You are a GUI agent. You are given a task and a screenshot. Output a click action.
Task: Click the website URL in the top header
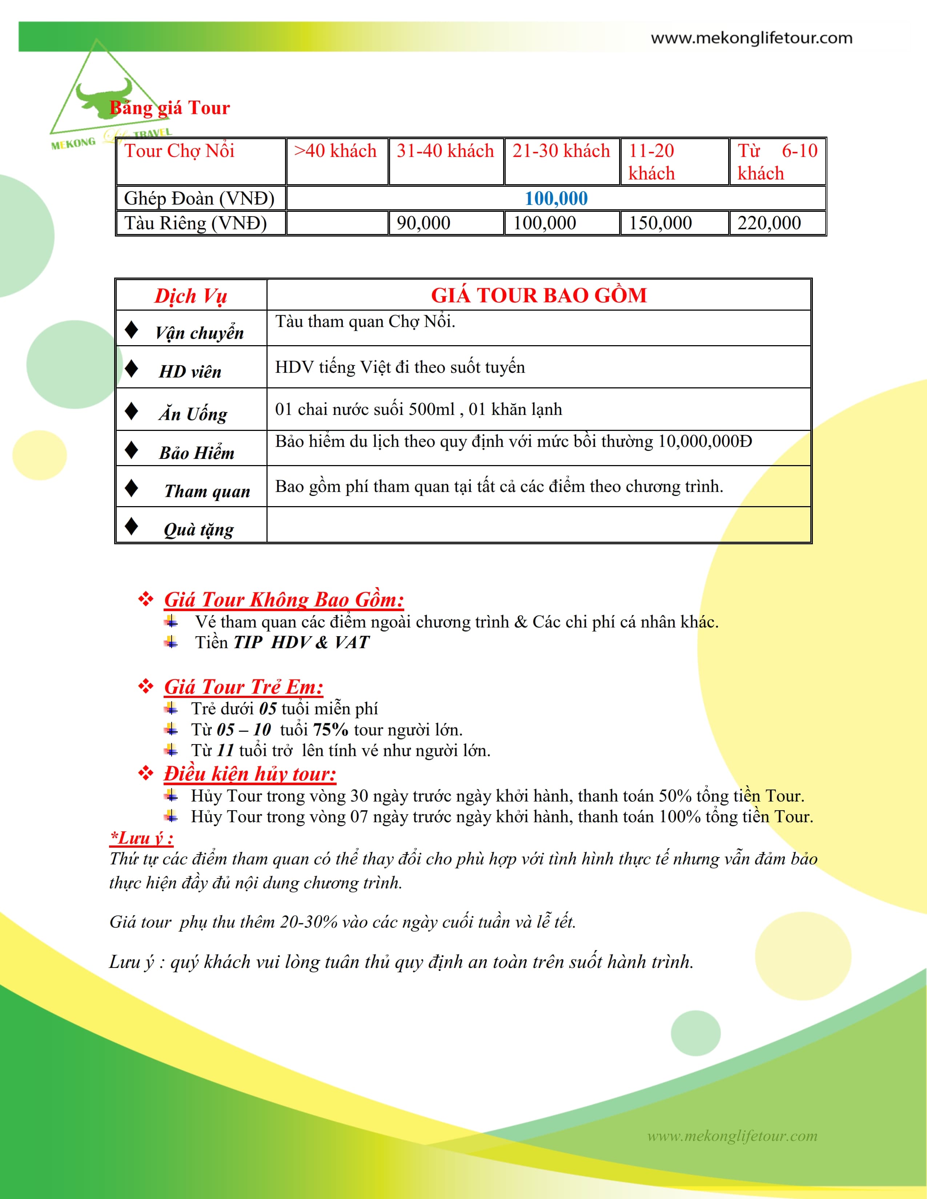(751, 38)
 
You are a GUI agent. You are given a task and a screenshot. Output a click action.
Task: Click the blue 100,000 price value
(556, 198)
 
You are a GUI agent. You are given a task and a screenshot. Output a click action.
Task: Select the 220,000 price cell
(769, 223)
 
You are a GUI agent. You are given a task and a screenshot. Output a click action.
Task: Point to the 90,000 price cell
(424, 223)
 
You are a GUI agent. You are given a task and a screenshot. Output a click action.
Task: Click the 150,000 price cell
(660, 223)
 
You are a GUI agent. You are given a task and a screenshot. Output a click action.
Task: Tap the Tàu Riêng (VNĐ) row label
(196, 223)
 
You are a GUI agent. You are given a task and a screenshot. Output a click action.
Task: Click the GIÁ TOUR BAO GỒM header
(539, 295)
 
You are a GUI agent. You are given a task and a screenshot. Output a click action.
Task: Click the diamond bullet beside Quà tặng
(131, 526)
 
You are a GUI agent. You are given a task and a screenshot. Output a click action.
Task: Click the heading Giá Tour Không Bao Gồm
(284, 599)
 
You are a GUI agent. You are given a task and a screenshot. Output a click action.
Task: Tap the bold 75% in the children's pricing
(330, 730)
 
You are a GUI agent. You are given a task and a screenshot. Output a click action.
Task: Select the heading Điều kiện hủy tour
(250, 774)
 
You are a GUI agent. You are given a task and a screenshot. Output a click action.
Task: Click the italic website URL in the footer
(732, 1136)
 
